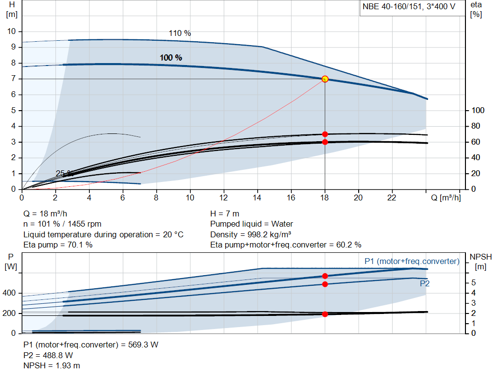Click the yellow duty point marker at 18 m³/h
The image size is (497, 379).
coord(325,79)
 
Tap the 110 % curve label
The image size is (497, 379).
coord(180,33)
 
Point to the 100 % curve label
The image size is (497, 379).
coord(171,58)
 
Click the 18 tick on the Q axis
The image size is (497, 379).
coord(325,198)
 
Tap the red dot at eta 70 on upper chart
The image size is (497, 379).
coord(325,134)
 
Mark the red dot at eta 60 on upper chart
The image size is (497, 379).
coord(325,142)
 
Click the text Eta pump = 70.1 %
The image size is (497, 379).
coord(58,245)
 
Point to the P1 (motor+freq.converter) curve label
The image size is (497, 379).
coord(412,262)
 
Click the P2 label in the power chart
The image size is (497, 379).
coord(425,283)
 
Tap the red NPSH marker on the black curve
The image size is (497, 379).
coord(325,314)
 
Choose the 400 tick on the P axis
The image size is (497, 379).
coord(10,293)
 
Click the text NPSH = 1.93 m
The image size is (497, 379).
coord(52,365)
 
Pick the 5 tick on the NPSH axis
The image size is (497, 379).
coord(473,283)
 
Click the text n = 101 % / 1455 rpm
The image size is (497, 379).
coord(63,224)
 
